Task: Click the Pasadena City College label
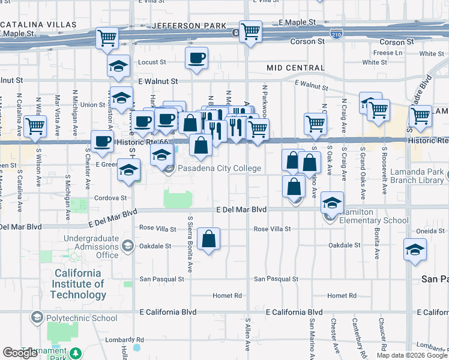[x=218, y=168]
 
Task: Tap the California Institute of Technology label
[x=79, y=284]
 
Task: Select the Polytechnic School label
[x=81, y=318]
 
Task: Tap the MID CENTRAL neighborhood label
[x=295, y=68]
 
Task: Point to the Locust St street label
[x=152, y=62]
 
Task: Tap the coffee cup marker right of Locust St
[x=197, y=58]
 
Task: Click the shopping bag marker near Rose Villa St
[x=208, y=238]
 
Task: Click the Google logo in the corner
[x=20, y=353]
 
